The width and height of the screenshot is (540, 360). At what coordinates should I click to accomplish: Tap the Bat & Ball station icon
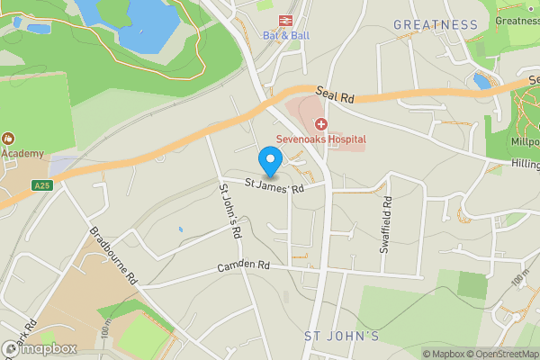[x=279, y=19]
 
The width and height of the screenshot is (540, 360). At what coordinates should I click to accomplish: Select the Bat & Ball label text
[x=279, y=36]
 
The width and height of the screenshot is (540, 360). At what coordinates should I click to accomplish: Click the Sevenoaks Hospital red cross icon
[x=320, y=124]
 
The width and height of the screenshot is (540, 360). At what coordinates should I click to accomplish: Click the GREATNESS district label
[x=436, y=24]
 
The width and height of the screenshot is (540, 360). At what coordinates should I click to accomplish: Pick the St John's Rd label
[x=229, y=212]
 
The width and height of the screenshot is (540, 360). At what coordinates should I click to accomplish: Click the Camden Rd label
[x=243, y=267]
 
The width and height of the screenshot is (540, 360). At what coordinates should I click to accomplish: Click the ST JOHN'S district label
[x=342, y=337]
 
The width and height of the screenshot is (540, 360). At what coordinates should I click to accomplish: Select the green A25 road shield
[x=40, y=186]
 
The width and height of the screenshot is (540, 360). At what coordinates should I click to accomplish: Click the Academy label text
[x=22, y=153]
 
